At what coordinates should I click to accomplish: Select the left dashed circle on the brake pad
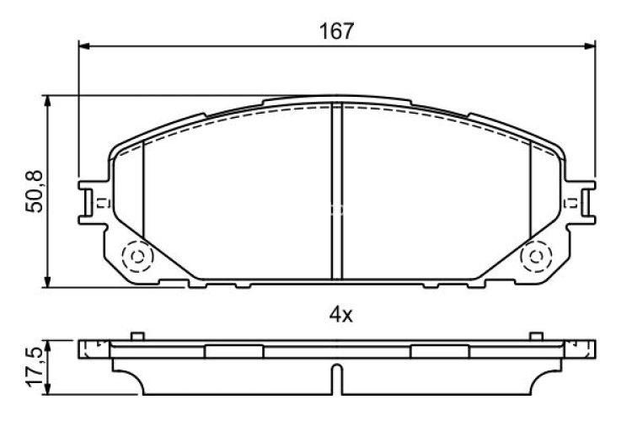pyautogui.click(x=135, y=255)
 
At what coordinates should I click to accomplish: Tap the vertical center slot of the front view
pyautogui.click(x=336, y=192)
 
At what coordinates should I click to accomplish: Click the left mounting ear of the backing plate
pyautogui.click(x=91, y=203)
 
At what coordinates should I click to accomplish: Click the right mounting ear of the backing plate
pyautogui.click(x=582, y=203)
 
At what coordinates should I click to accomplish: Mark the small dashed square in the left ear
pyautogui.click(x=100, y=202)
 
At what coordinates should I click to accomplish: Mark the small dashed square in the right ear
pyautogui.click(x=573, y=202)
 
